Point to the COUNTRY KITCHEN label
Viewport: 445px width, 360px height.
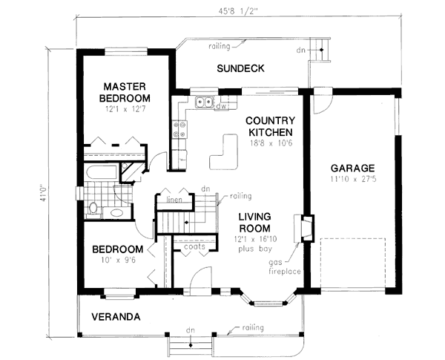[270, 125]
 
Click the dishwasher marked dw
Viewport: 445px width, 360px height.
[220, 106]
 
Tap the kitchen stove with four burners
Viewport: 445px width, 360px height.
[178, 131]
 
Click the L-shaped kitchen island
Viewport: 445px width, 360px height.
[222, 154]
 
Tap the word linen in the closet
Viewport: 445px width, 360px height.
[174, 200]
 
